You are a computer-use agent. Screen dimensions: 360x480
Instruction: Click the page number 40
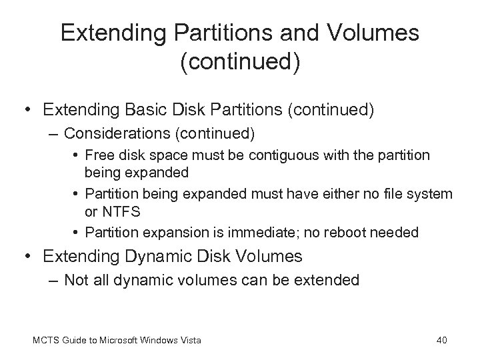(441, 341)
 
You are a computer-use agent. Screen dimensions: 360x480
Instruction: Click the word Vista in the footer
(189, 341)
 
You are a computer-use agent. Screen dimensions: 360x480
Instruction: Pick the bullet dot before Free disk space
(77, 155)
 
